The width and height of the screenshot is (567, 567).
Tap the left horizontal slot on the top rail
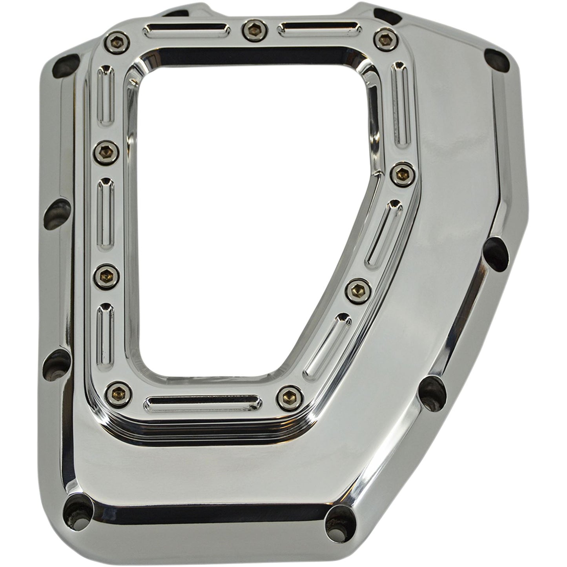click(186, 30)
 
